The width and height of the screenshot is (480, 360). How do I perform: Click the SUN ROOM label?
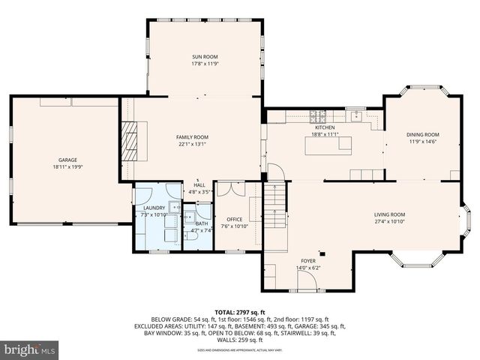[x=205, y=56]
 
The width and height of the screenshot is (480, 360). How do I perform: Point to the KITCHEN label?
[x=324, y=128]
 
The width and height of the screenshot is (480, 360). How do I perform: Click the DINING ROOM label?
[x=422, y=134]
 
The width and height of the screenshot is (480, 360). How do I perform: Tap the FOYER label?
[x=309, y=261]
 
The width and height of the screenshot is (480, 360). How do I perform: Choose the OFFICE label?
[x=234, y=218]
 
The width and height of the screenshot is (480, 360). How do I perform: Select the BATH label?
[x=202, y=223]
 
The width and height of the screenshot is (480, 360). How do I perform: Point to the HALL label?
[x=199, y=184]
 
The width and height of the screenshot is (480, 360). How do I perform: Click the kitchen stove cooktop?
[x=318, y=116]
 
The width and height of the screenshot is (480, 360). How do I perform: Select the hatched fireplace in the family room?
[x=132, y=141]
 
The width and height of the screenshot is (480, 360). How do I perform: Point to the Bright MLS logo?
[x=30, y=349]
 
